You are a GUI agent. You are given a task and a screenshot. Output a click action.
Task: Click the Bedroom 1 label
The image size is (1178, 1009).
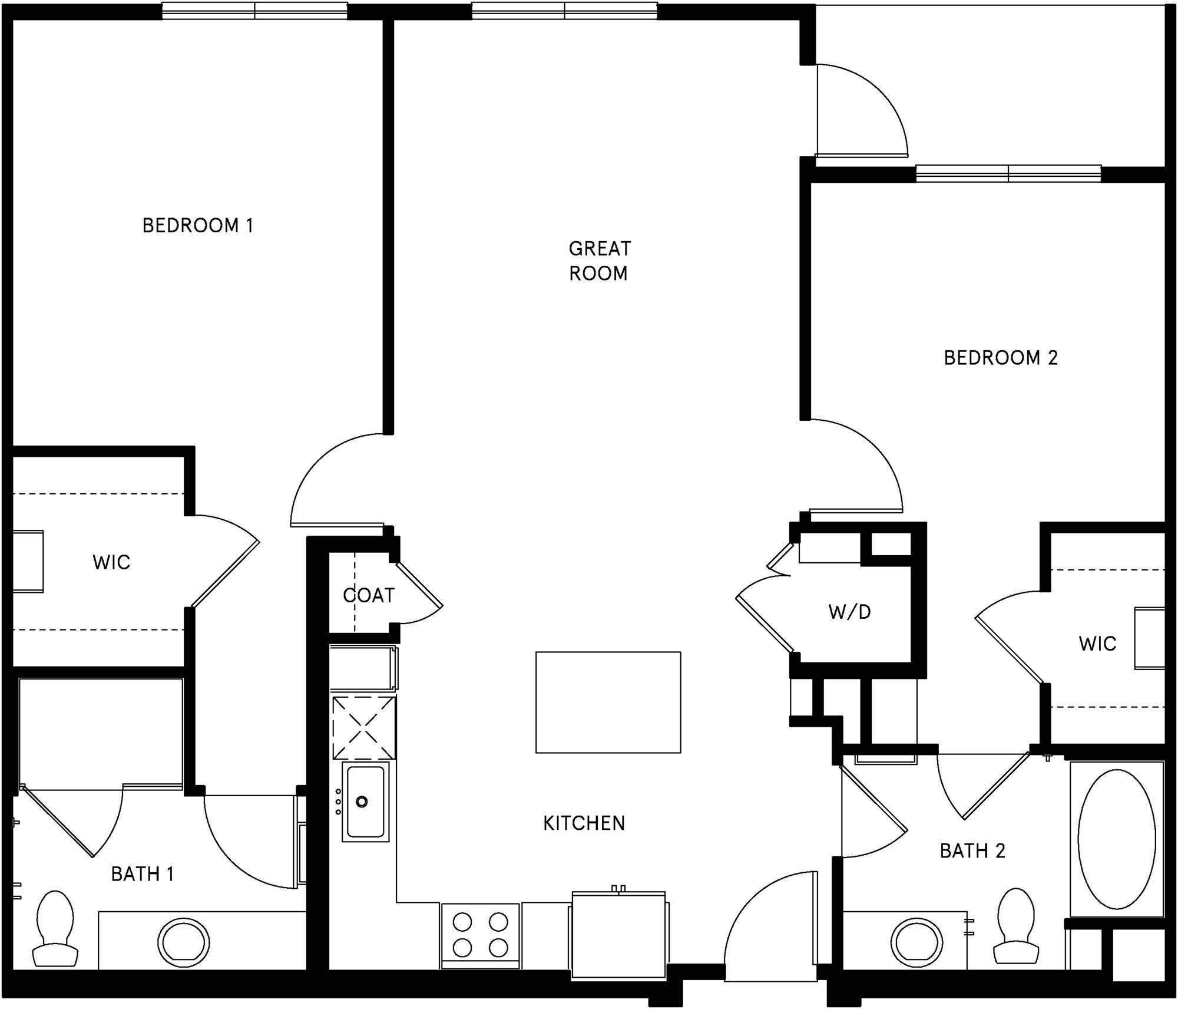[198, 226]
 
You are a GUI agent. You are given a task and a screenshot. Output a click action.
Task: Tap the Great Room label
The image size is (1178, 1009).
[599, 261]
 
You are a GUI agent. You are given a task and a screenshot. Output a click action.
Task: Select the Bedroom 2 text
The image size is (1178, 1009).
[1001, 358]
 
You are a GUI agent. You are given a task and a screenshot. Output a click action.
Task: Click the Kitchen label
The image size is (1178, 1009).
[584, 823]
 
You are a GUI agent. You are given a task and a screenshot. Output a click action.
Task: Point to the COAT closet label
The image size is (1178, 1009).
[369, 596]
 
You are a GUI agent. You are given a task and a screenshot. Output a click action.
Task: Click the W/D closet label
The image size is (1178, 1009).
[849, 612]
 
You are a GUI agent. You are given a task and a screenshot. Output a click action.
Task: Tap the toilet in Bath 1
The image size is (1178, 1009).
[55, 929]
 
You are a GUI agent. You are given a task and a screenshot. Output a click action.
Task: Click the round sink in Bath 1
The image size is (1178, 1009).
[183, 942]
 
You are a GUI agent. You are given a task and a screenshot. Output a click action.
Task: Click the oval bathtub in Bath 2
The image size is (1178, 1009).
[1117, 840]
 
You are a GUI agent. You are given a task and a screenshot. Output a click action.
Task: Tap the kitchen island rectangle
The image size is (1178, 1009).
[608, 702]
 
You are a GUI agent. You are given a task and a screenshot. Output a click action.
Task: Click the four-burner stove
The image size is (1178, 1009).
[480, 935]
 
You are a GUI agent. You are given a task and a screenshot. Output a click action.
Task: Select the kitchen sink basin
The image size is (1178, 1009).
[365, 801]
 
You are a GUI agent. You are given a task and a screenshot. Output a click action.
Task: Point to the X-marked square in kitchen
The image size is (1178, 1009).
[363, 727]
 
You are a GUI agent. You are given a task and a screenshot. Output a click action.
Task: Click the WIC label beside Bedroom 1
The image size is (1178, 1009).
[111, 562]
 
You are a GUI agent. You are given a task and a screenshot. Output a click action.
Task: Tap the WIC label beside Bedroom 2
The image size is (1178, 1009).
[1097, 644]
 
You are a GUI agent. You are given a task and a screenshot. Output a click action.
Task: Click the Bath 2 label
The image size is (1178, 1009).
[972, 851]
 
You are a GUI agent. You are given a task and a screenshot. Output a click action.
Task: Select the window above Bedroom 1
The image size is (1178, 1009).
[254, 11]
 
